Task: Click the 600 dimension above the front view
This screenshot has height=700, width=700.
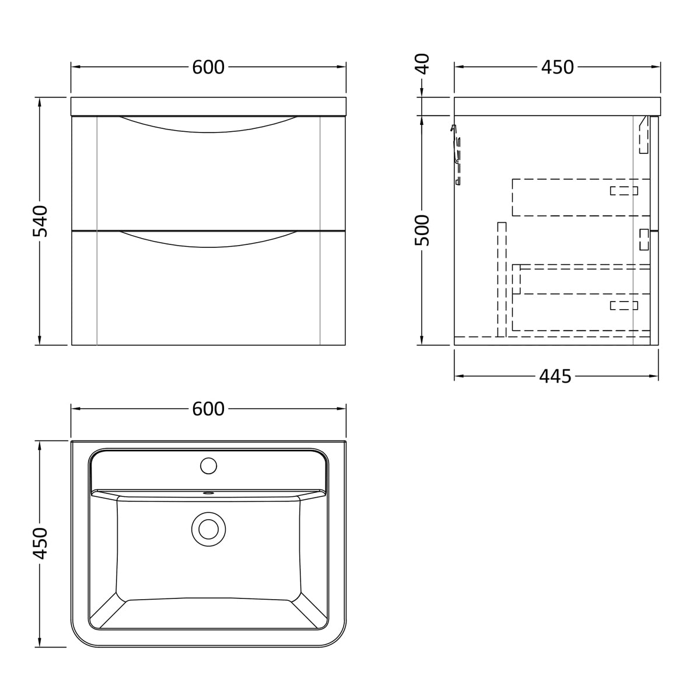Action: (208, 67)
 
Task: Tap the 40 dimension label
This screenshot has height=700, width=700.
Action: (422, 64)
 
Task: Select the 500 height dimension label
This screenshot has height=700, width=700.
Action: (422, 230)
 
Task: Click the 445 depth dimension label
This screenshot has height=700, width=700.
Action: (555, 376)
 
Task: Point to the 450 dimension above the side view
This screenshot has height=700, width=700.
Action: (557, 67)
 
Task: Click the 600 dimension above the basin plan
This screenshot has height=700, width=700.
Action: (208, 409)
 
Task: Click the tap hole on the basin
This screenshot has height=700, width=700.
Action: (208, 466)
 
